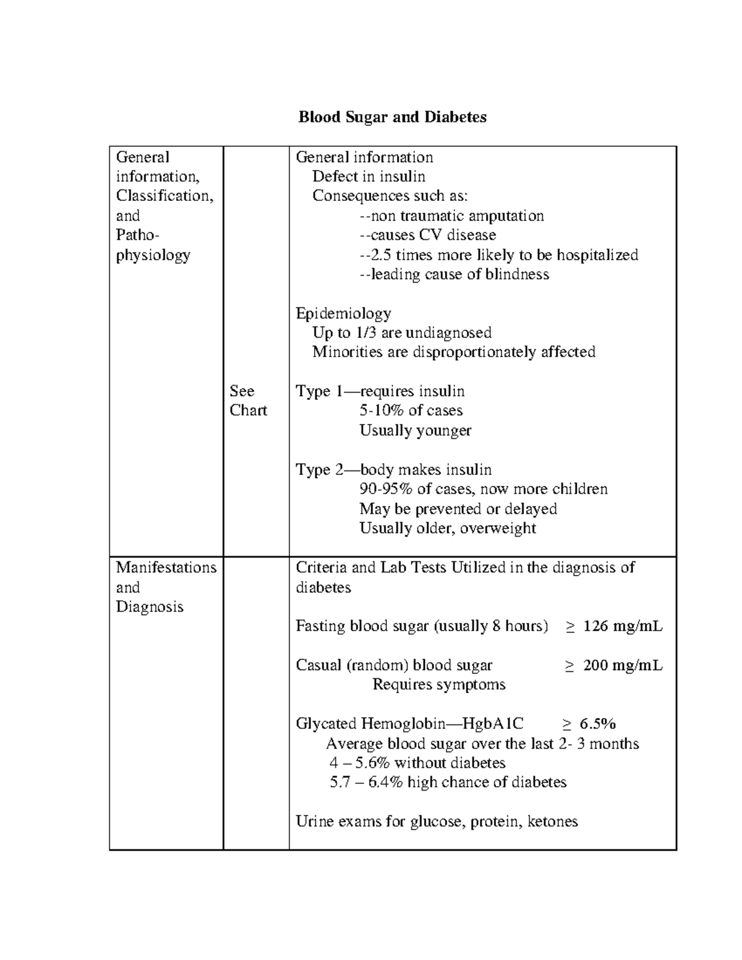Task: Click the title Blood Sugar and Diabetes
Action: (392, 117)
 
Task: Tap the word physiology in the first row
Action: (153, 255)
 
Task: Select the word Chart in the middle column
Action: (248, 410)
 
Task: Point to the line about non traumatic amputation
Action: (451, 216)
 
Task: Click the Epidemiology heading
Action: (343, 313)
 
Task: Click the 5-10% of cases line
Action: (411, 410)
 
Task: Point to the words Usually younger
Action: (415, 430)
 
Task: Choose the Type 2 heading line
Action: (393, 470)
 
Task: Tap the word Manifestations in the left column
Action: (166, 567)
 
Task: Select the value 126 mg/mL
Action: (622, 626)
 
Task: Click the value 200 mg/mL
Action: (622, 665)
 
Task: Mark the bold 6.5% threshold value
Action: (597, 724)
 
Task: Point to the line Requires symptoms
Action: (438, 685)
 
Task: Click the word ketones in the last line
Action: (552, 822)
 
